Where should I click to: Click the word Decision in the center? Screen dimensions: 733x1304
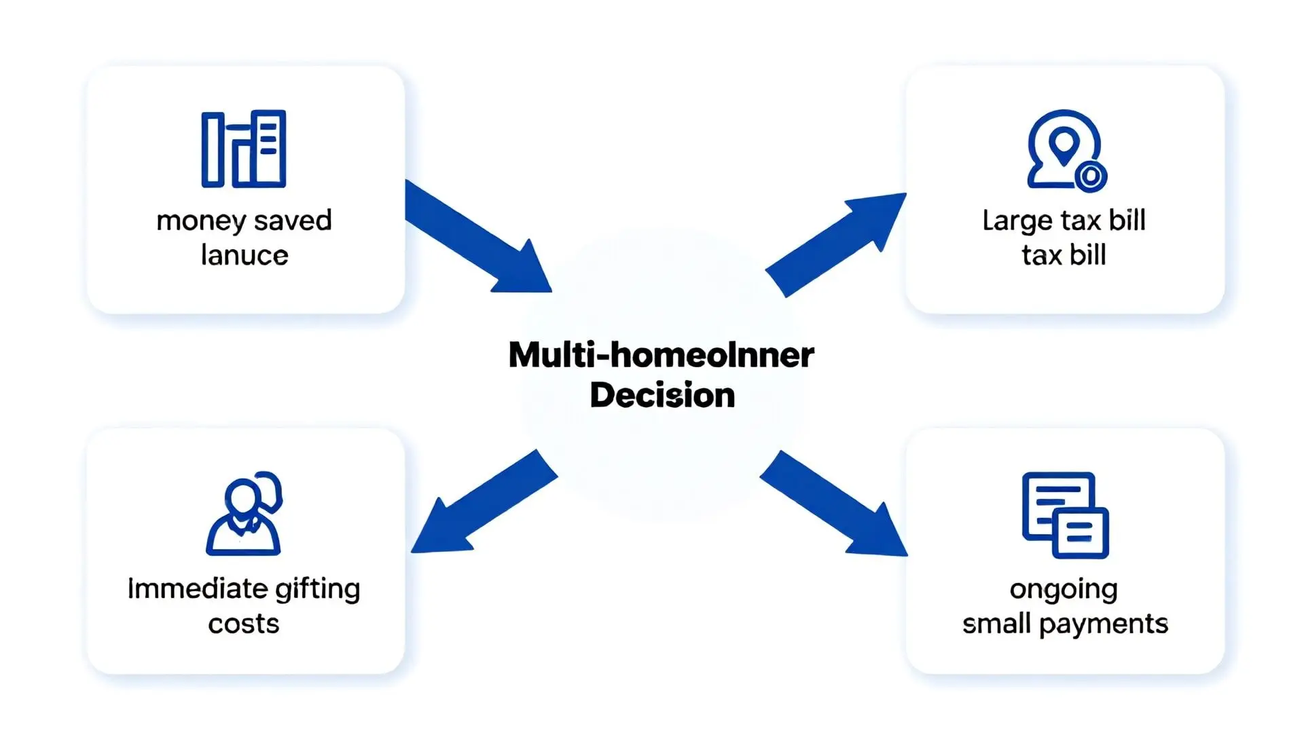[x=662, y=395]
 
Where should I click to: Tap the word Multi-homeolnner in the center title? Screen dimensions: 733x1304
[x=661, y=355]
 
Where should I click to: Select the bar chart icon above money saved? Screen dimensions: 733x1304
[x=244, y=149]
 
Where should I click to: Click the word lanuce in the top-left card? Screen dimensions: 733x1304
[x=244, y=255]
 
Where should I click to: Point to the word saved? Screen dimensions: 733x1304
[x=293, y=221]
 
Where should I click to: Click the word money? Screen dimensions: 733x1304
[x=201, y=221]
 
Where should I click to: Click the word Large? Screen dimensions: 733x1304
[x=1017, y=221]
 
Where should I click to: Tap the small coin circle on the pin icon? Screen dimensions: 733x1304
[x=1091, y=176]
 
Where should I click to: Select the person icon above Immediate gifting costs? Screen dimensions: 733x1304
[x=244, y=514]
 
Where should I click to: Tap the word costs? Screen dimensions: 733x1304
[x=244, y=624]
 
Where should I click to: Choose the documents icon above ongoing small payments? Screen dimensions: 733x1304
[x=1065, y=515]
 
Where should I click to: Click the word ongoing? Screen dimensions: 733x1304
[x=1064, y=590]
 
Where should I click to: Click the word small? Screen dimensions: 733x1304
[x=996, y=624]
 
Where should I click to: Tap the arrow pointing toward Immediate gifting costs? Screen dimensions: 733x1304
[x=483, y=503]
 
